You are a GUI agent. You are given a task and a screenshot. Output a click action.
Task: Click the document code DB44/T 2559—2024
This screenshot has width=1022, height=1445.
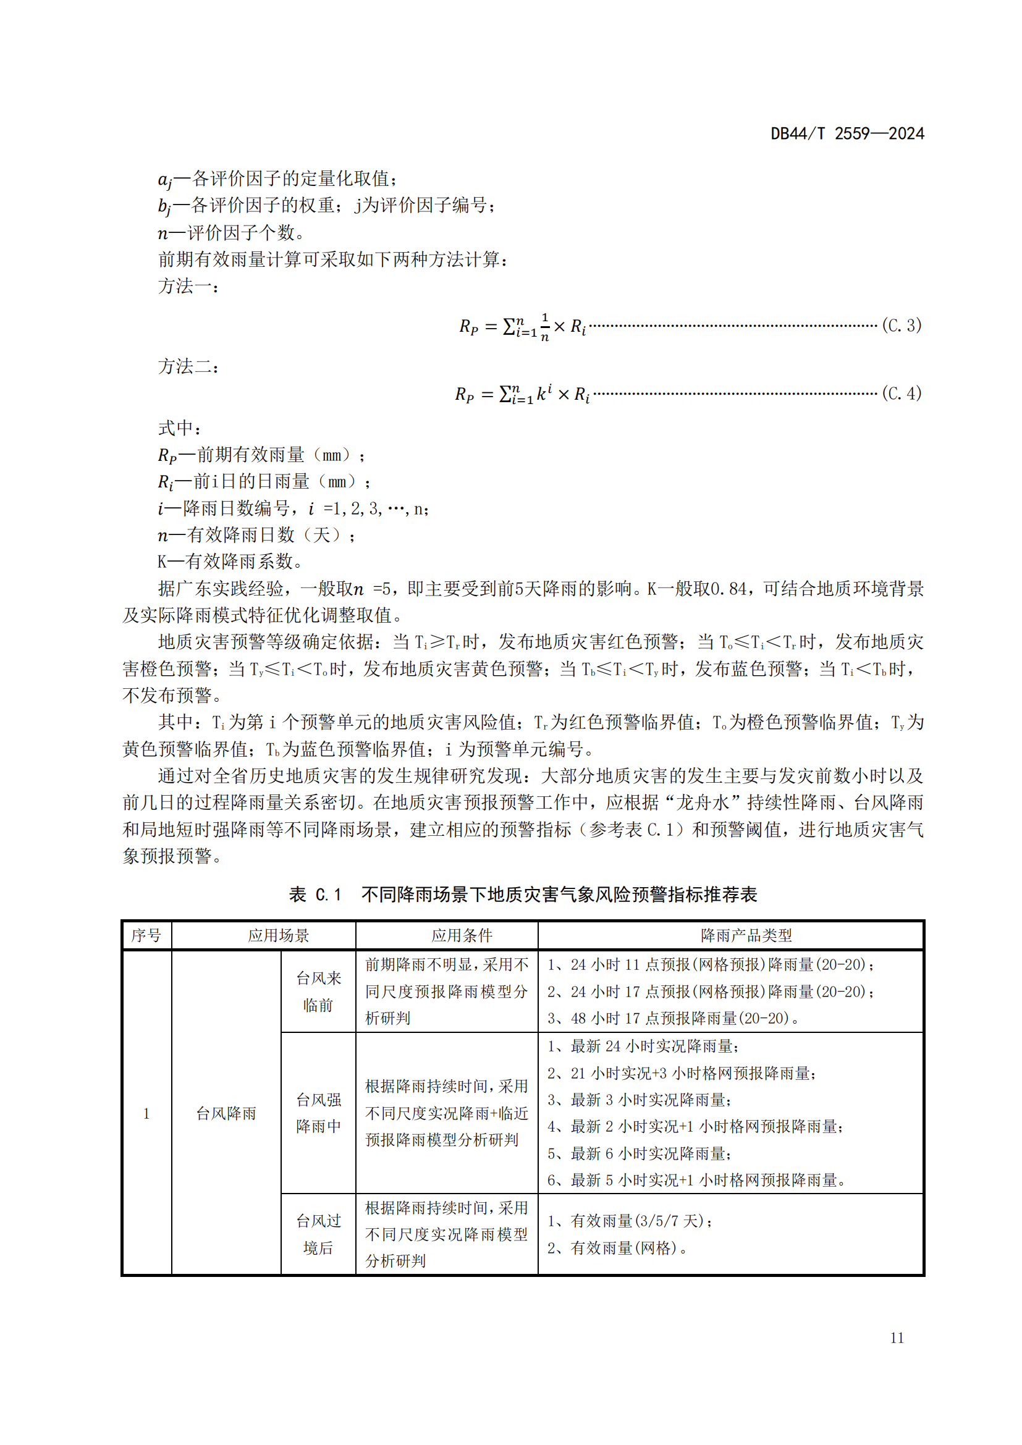click(x=847, y=134)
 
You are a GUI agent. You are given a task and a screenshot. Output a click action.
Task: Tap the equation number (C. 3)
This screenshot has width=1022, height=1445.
click(x=901, y=326)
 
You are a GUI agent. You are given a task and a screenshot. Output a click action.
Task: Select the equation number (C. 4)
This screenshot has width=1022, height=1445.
click(x=901, y=394)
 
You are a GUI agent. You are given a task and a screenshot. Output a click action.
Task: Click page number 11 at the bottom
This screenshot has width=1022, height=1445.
click(x=897, y=1338)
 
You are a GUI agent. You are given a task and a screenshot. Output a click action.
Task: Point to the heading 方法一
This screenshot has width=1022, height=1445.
click(x=188, y=287)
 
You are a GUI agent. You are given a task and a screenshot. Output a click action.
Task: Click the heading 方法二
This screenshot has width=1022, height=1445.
click(x=188, y=366)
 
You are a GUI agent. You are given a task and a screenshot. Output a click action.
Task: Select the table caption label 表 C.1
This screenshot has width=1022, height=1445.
click(x=315, y=895)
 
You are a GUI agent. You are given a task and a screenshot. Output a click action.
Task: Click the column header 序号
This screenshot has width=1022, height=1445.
click(x=146, y=935)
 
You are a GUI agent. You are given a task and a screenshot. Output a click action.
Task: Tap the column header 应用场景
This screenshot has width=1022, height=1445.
click(x=278, y=935)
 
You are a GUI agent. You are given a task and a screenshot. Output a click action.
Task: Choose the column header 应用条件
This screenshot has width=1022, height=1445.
click(x=462, y=935)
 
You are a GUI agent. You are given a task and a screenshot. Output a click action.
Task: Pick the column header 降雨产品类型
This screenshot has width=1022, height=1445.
click(x=746, y=935)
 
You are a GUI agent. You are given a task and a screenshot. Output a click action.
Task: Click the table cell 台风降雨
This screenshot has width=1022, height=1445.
click(x=226, y=1113)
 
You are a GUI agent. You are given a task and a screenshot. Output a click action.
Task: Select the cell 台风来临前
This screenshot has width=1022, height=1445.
click(x=318, y=991)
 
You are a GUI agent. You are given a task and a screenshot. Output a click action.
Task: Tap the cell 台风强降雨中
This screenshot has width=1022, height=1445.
click(x=318, y=1113)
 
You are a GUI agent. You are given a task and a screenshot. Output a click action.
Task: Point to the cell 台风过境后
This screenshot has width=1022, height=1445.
click(x=318, y=1234)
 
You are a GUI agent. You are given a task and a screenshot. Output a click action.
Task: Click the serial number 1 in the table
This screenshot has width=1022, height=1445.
click(x=146, y=1113)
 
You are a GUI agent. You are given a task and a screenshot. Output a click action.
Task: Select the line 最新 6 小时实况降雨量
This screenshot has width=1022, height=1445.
click(x=639, y=1153)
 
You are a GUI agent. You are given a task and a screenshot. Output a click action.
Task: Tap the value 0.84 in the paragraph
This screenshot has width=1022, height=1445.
click(x=728, y=589)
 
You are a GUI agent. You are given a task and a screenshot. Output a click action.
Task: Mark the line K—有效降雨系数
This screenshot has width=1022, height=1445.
click(x=230, y=561)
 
